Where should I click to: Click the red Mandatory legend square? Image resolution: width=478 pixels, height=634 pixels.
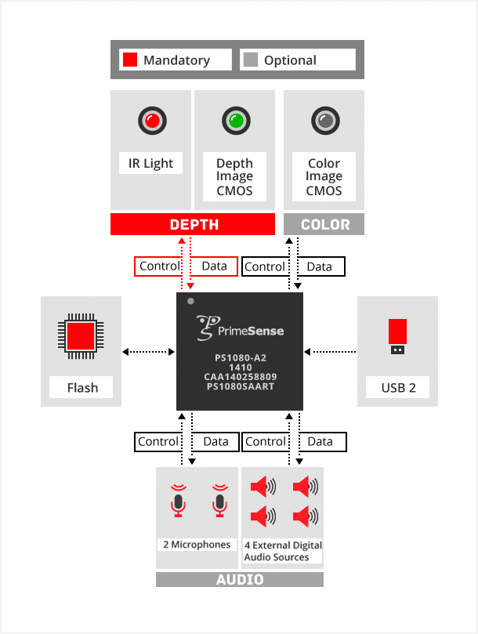[x=129, y=60]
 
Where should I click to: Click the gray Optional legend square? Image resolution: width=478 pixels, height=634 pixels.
[x=251, y=60]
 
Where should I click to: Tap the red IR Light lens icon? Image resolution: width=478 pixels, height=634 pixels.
[x=151, y=121]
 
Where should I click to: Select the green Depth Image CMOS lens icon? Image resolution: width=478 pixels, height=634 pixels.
[x=234, y=121]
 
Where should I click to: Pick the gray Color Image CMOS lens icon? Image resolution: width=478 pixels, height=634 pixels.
[x=324, y=121]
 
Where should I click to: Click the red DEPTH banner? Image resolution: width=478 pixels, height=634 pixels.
[x=193, y=225]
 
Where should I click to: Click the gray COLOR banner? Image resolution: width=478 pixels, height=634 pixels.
[x=324, y=225]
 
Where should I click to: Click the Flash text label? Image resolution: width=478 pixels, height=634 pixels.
[x=82, y=387]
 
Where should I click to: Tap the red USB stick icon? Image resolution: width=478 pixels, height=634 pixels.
[x=397, y=335]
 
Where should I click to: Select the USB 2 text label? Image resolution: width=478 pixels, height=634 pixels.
[x=398, y=387]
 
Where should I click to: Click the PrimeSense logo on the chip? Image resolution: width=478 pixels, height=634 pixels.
[x=240, y=328]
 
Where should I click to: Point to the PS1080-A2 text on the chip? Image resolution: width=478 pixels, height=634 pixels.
[x=239, y=358]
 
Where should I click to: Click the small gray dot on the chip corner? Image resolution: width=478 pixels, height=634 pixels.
[x=190, y=300]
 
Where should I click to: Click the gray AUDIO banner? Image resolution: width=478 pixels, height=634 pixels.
[x=239, y=580]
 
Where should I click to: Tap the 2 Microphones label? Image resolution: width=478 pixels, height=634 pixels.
[x=197, y=545]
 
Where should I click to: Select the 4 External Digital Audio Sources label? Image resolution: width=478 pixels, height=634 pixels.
[x=282, y=551]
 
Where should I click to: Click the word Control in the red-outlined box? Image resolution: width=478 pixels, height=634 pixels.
[x=160, y=266]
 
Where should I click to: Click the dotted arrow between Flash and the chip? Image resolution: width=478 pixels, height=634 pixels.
[x=148, y=351]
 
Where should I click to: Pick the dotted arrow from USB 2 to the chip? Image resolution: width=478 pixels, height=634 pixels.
[x=330, y=351]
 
